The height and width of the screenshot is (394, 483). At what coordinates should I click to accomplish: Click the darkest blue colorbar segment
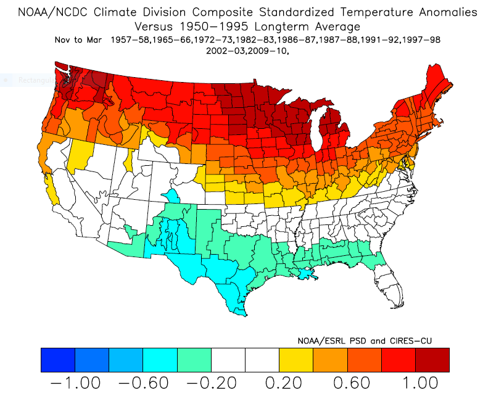click(57, 359)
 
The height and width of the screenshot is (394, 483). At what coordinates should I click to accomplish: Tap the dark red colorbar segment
click(432, 359)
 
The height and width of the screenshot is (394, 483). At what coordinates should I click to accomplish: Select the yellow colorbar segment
click(296, 359)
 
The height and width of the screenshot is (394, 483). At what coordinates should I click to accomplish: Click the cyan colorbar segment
click(160, 359)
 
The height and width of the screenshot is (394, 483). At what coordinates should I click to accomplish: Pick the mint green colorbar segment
click(194, 359)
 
